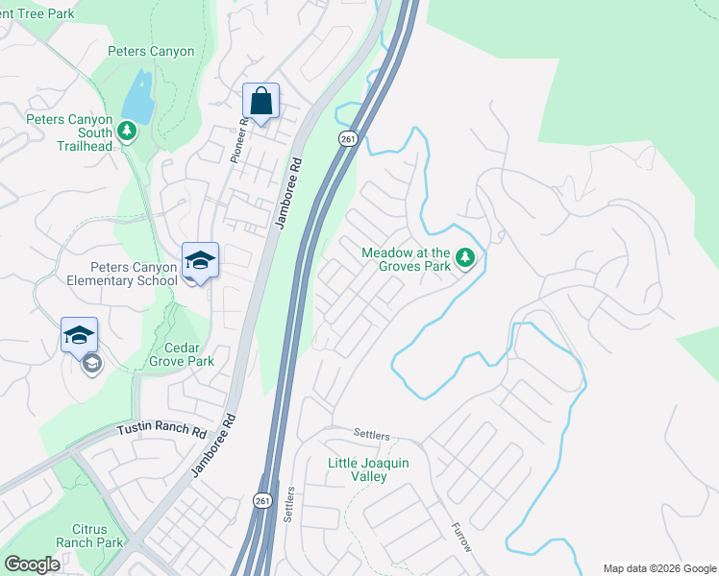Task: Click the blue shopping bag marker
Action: coord(260,100)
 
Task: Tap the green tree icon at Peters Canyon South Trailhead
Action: coord(125,129)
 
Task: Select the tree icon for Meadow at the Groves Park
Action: coord(465,257)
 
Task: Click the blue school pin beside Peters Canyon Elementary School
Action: coord(200,260)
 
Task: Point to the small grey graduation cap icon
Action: coord(91,363)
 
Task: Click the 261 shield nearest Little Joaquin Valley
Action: coord(263,501)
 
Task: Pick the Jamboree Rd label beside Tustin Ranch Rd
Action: coord(212,446)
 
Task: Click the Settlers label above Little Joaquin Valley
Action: coord(371,435)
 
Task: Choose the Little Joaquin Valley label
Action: coord(369,469)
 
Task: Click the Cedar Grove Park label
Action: coord(181,355)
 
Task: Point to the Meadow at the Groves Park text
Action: coord(405,259)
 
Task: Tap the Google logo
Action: coord(33,564)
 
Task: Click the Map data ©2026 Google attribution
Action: coord(658,568)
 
